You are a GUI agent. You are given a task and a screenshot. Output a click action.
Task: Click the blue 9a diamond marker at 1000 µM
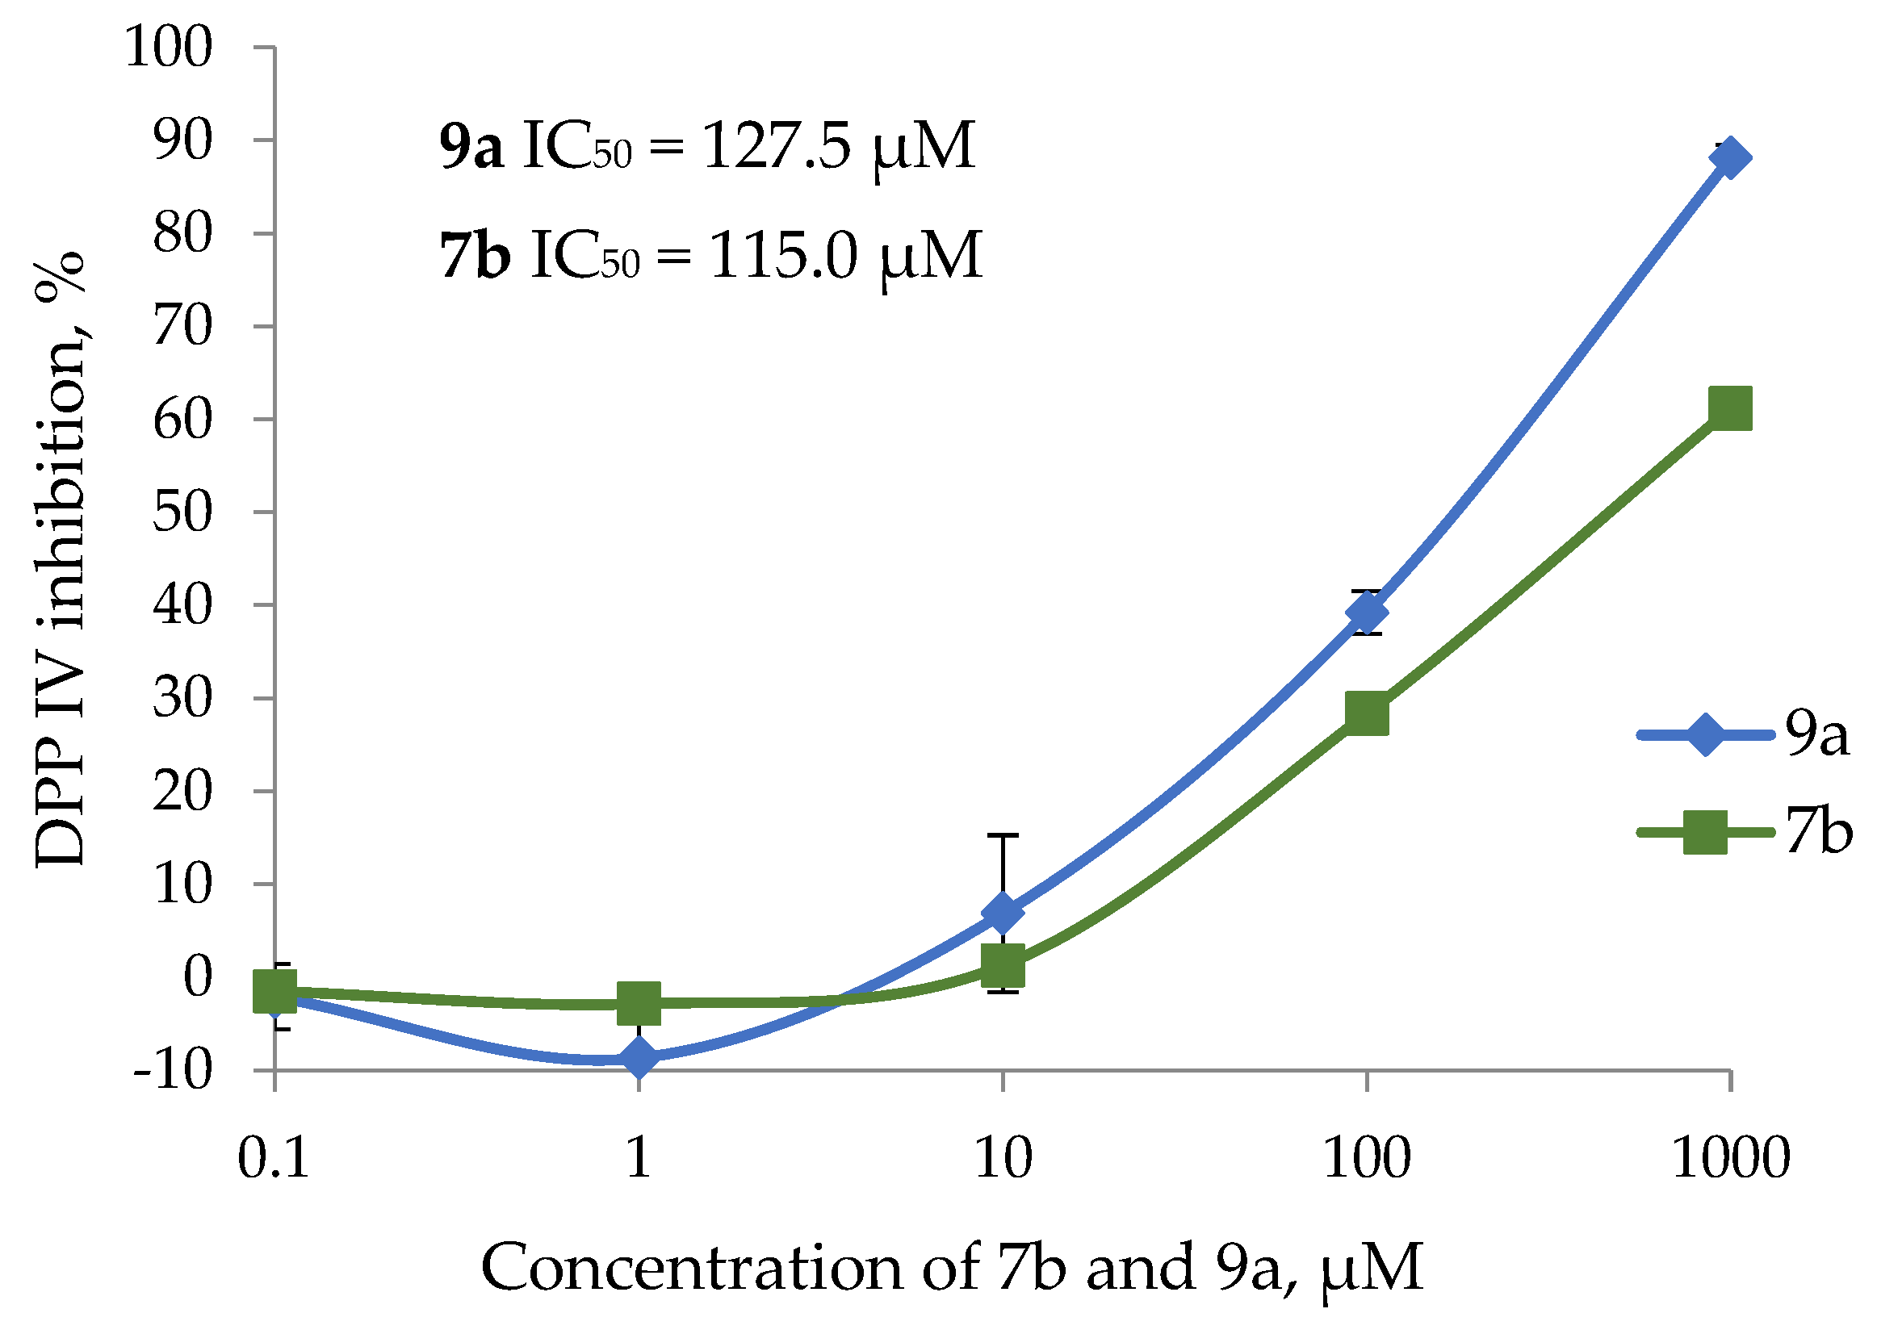tap(1730, 157)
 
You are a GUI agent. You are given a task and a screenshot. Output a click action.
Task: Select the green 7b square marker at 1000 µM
tap(1730, 408)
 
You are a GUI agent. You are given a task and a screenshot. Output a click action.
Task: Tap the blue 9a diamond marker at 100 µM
tap(1367, 612)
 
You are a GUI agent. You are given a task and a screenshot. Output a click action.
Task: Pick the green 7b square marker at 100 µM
tap(1367, 713)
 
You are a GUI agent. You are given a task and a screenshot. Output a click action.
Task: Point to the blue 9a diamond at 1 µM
tap(639, 1056)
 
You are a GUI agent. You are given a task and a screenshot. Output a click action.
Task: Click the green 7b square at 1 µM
tap(639, 1003)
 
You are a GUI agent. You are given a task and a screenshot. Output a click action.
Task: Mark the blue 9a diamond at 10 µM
tap(1003, 912)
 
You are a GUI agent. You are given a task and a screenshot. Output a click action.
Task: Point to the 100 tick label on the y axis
tap(169, 48)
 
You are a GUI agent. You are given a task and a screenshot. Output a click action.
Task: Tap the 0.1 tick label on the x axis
tap(274, 1158)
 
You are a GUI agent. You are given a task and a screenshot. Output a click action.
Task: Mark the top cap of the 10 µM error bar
tap(1003, 835)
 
